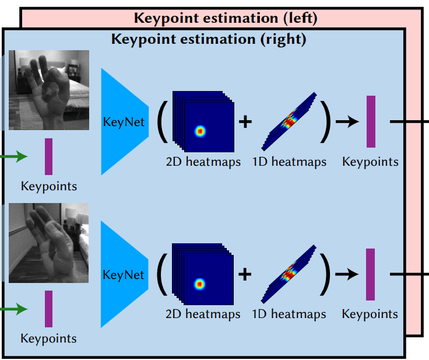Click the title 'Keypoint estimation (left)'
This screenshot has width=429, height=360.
pos(226,18)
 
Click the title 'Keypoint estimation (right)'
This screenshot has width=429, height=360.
pos(209,40)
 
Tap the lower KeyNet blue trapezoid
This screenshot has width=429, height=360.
pos(124,274)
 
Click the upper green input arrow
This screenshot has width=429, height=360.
pos(14,156)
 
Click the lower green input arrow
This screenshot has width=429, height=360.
pos(14,309)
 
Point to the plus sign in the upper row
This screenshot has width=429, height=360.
pos(245,121)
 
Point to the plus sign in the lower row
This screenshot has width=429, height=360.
pos(245,274)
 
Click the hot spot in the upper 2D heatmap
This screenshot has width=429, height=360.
pos(201,131)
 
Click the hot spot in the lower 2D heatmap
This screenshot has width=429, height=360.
pos(201,284)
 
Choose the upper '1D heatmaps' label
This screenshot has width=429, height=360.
pos(289,162)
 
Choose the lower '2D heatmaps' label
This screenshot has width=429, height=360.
pos(203,314)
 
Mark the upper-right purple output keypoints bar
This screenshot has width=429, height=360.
pos(371,121)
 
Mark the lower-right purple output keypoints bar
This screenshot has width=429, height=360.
pos(371,274)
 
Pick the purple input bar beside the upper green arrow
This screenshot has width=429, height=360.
pos(48,156)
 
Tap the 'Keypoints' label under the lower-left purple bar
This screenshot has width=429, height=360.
pos(48,338)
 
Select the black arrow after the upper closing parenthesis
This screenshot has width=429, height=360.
pos(349,121)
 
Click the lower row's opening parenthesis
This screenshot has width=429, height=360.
pos(161,274)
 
